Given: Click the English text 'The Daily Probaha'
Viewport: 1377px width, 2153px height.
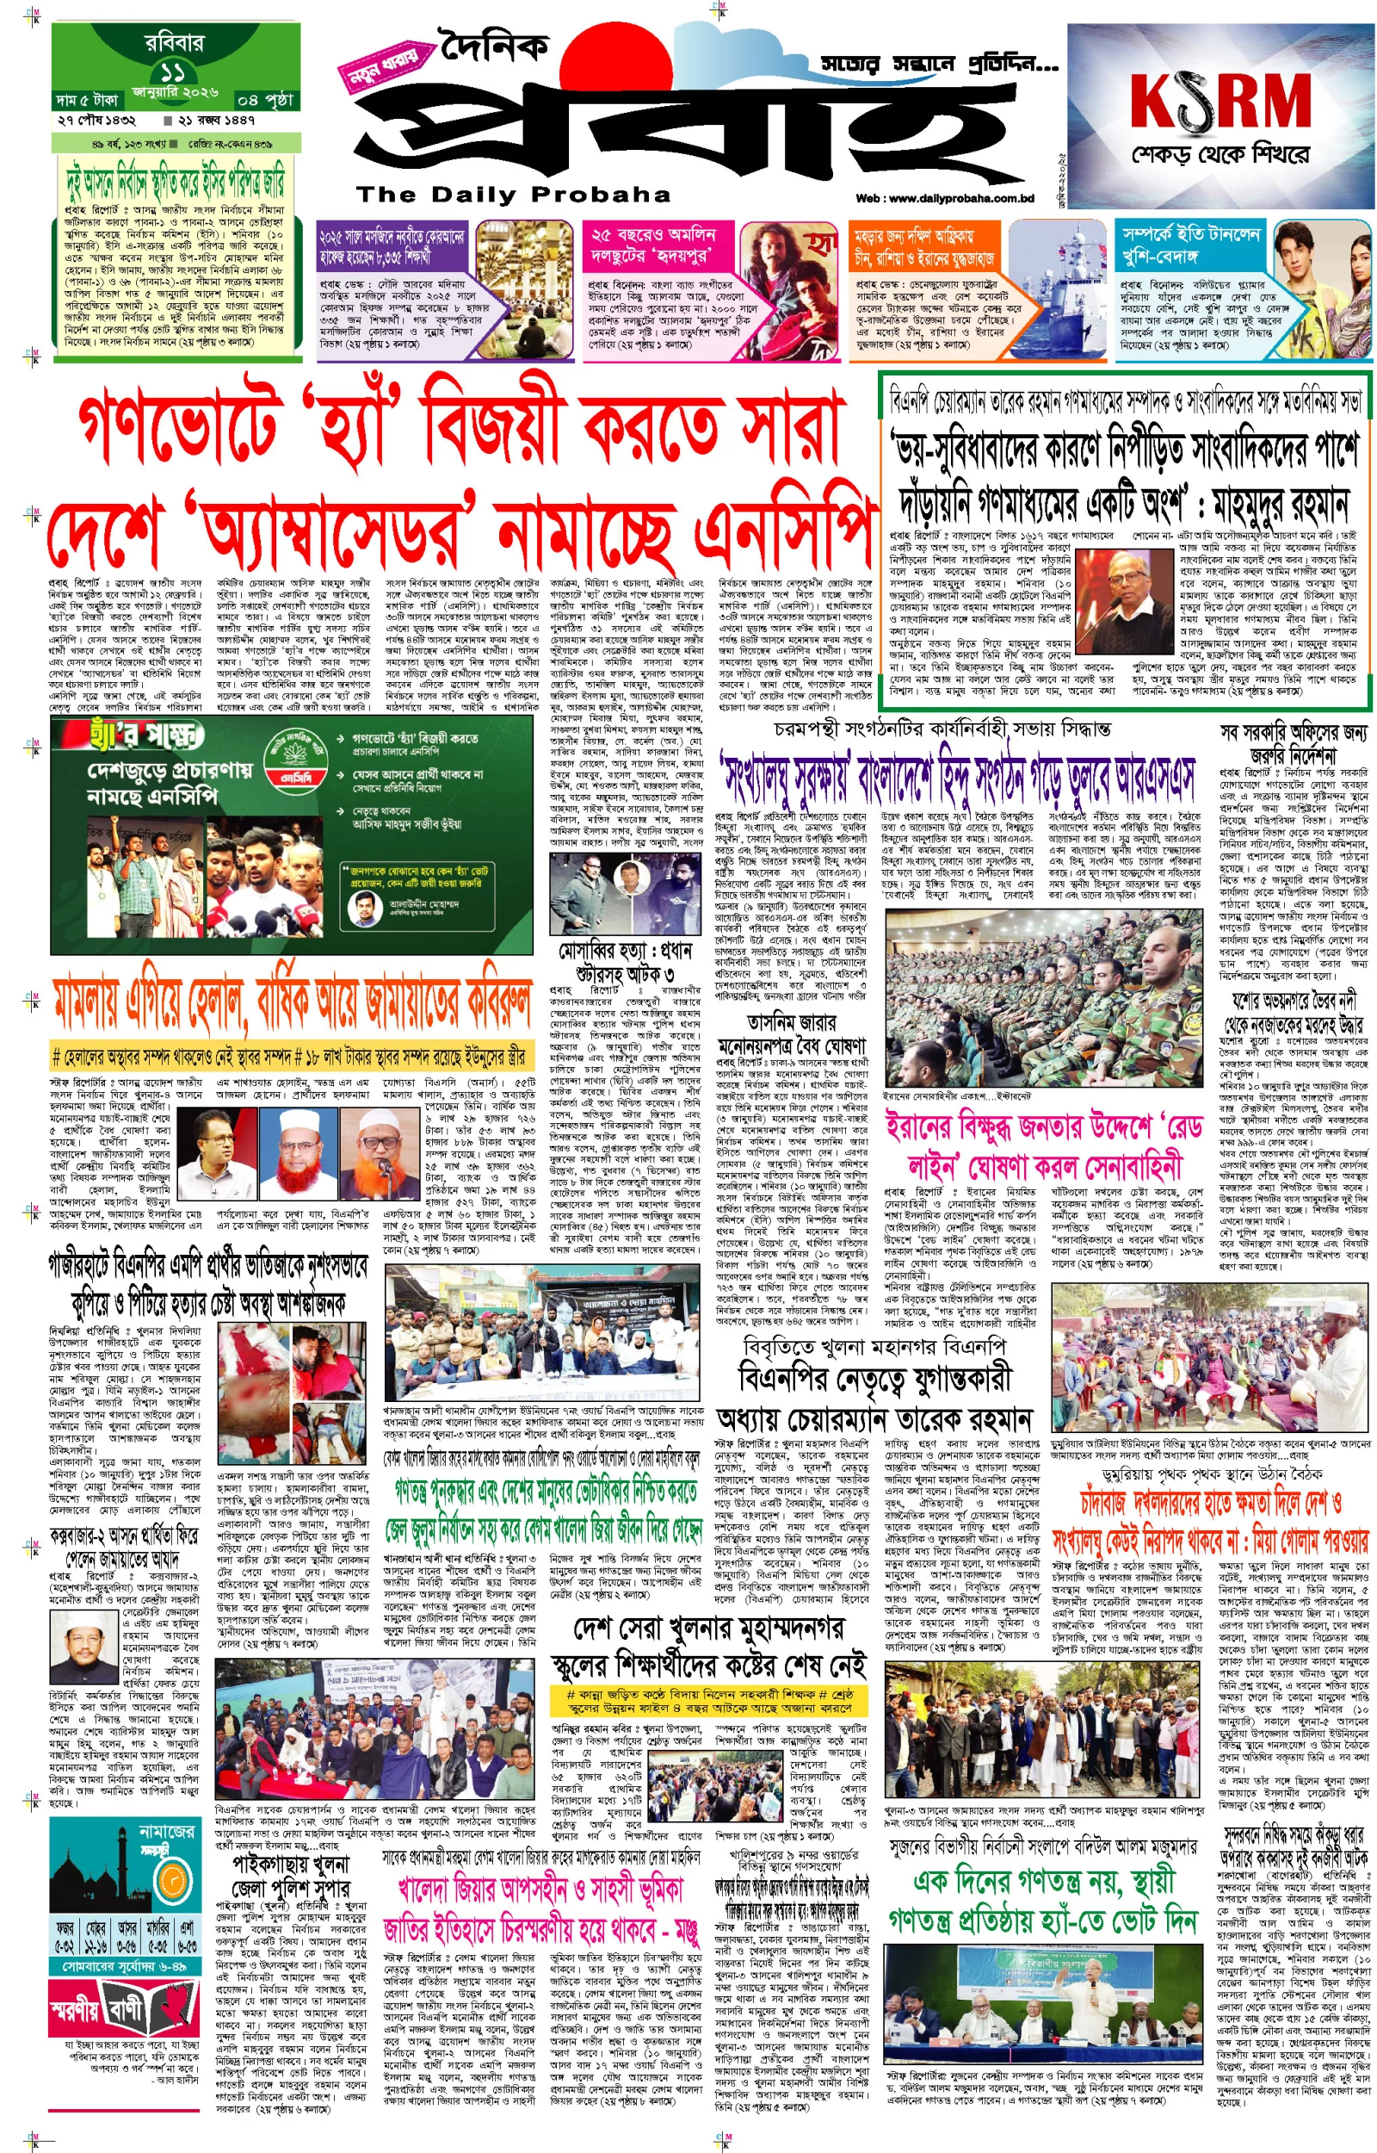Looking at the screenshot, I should click(x=513, y=194).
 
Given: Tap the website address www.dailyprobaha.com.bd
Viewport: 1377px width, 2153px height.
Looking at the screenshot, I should click(x=944, y=199).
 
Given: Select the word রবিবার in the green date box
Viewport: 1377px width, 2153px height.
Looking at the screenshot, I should click(x=175, y=42).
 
